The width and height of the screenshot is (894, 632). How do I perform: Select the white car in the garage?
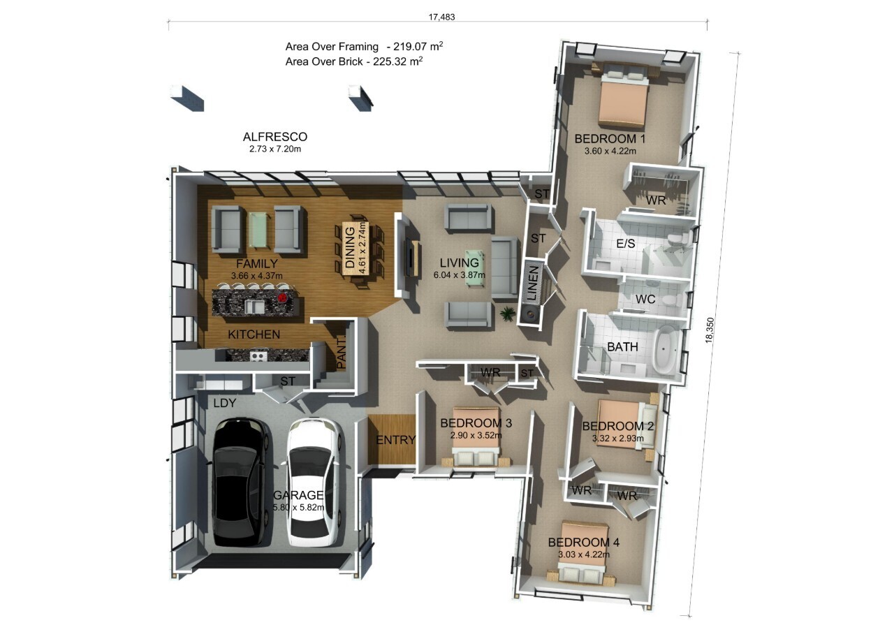(x=314, y=482)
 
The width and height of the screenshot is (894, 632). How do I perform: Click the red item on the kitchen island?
(x=283, y=297)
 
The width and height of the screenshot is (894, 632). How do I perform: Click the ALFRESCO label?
(x=274, y=137)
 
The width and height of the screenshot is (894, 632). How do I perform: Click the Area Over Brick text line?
(x=354, y=61)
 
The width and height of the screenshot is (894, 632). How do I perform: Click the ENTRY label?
(x=395, y=440)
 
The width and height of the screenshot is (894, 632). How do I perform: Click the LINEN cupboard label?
(x=532, y=284)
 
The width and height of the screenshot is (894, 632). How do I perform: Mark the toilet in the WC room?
(x=670, y=301)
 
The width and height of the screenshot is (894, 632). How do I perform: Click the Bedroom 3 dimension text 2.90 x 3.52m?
(x=475, y=435)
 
